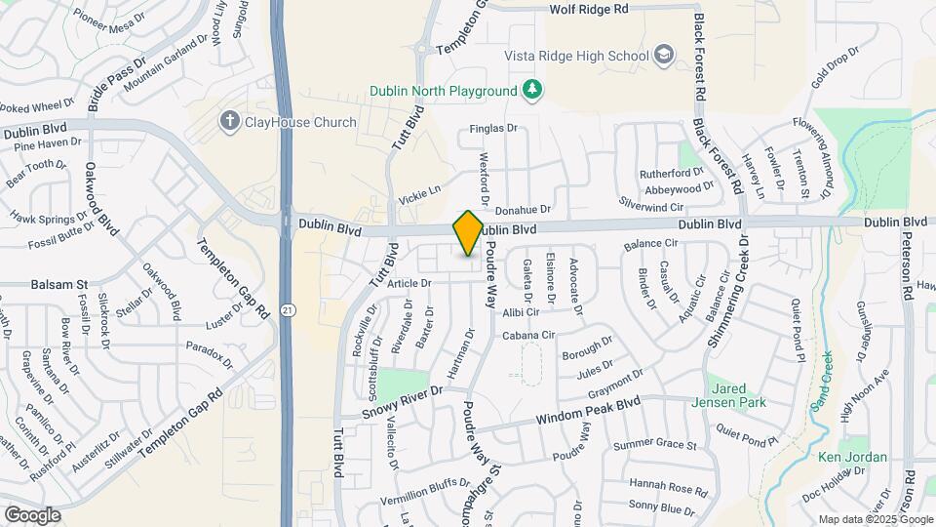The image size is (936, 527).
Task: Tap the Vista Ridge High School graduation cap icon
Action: (x=665, y=54)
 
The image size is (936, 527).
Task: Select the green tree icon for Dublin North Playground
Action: (x=532, y=91)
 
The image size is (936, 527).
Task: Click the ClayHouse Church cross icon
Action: (x=229, y=121)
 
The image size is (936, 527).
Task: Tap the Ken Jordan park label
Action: (x=852, y=457)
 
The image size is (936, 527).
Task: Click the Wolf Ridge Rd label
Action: (x=590, y=9)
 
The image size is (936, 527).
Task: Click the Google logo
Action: (x=32, y=514)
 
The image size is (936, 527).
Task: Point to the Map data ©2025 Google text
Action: (x=874, y=519)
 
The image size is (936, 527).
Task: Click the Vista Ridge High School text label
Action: (x=576, y=55)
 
